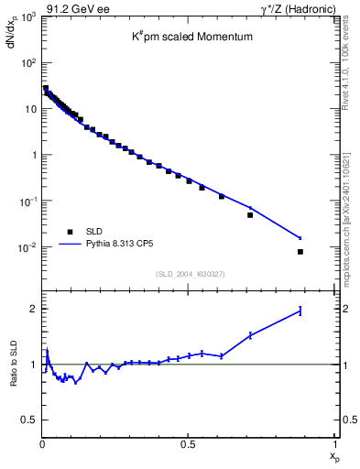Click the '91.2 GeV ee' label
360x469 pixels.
[x=66, y=8]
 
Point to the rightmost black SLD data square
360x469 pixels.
[x=300, y=251]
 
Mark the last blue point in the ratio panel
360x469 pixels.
[x=300, y=311]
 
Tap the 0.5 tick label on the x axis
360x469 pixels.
[x=188, y=443]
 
